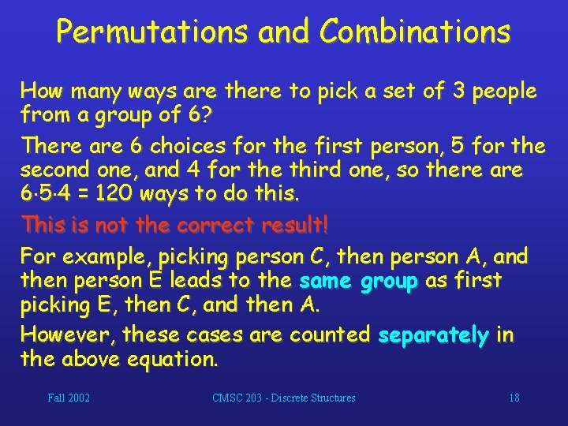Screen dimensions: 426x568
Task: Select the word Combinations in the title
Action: point(415,32)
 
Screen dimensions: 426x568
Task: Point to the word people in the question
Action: point(504,92)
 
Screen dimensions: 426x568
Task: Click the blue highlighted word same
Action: point(326,280)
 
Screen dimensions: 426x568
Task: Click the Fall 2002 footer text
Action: point(69,398)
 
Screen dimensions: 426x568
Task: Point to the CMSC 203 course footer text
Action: point(284,398)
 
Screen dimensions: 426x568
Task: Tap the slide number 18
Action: point(514,398)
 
